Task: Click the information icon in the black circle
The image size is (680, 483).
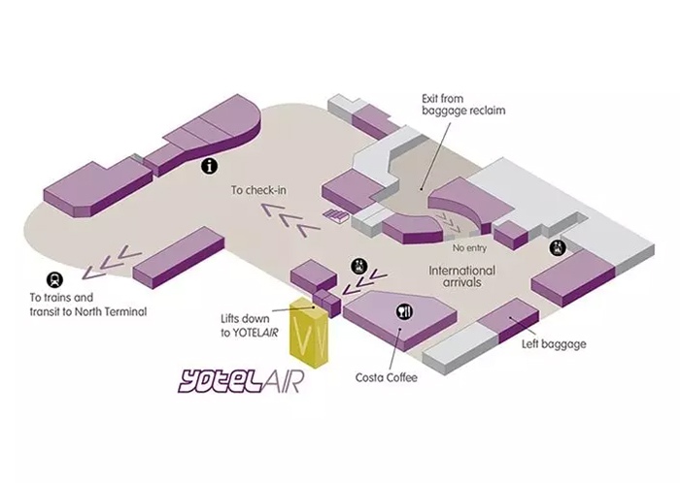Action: click(208, 167)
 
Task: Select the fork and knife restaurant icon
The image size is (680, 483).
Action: click(403, 311)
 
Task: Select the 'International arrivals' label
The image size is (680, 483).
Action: click(462, 276)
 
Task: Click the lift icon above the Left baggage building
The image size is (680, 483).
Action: click(558, 248)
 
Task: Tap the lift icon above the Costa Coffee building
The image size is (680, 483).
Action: click(357, 263)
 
